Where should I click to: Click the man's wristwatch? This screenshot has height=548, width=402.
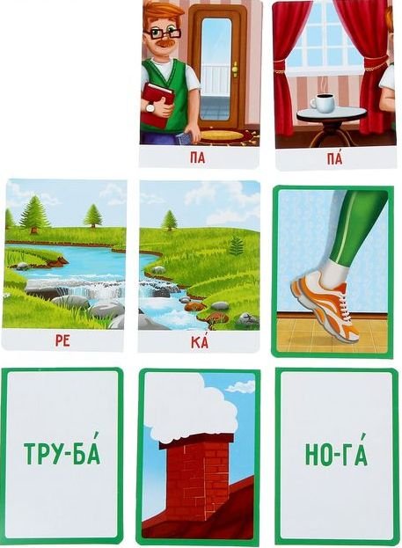[x=150, y=108]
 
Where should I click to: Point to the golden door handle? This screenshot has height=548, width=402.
[x=235, y=69]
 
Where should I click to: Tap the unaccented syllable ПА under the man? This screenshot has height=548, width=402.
[x=197, y=158]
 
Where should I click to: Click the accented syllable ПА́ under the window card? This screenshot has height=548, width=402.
[x=334, y=158]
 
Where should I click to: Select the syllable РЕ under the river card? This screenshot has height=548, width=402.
[x=62, y=340]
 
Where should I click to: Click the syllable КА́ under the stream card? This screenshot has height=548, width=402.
[x=200, y=341]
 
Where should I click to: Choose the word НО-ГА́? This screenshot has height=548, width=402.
[x=336, y=454]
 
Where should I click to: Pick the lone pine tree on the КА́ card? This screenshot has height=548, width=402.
[x=170, y=221]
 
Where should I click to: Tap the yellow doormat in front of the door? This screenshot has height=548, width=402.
[x=221, y=135]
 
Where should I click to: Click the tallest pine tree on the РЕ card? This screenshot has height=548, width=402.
[x=33, y=215]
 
